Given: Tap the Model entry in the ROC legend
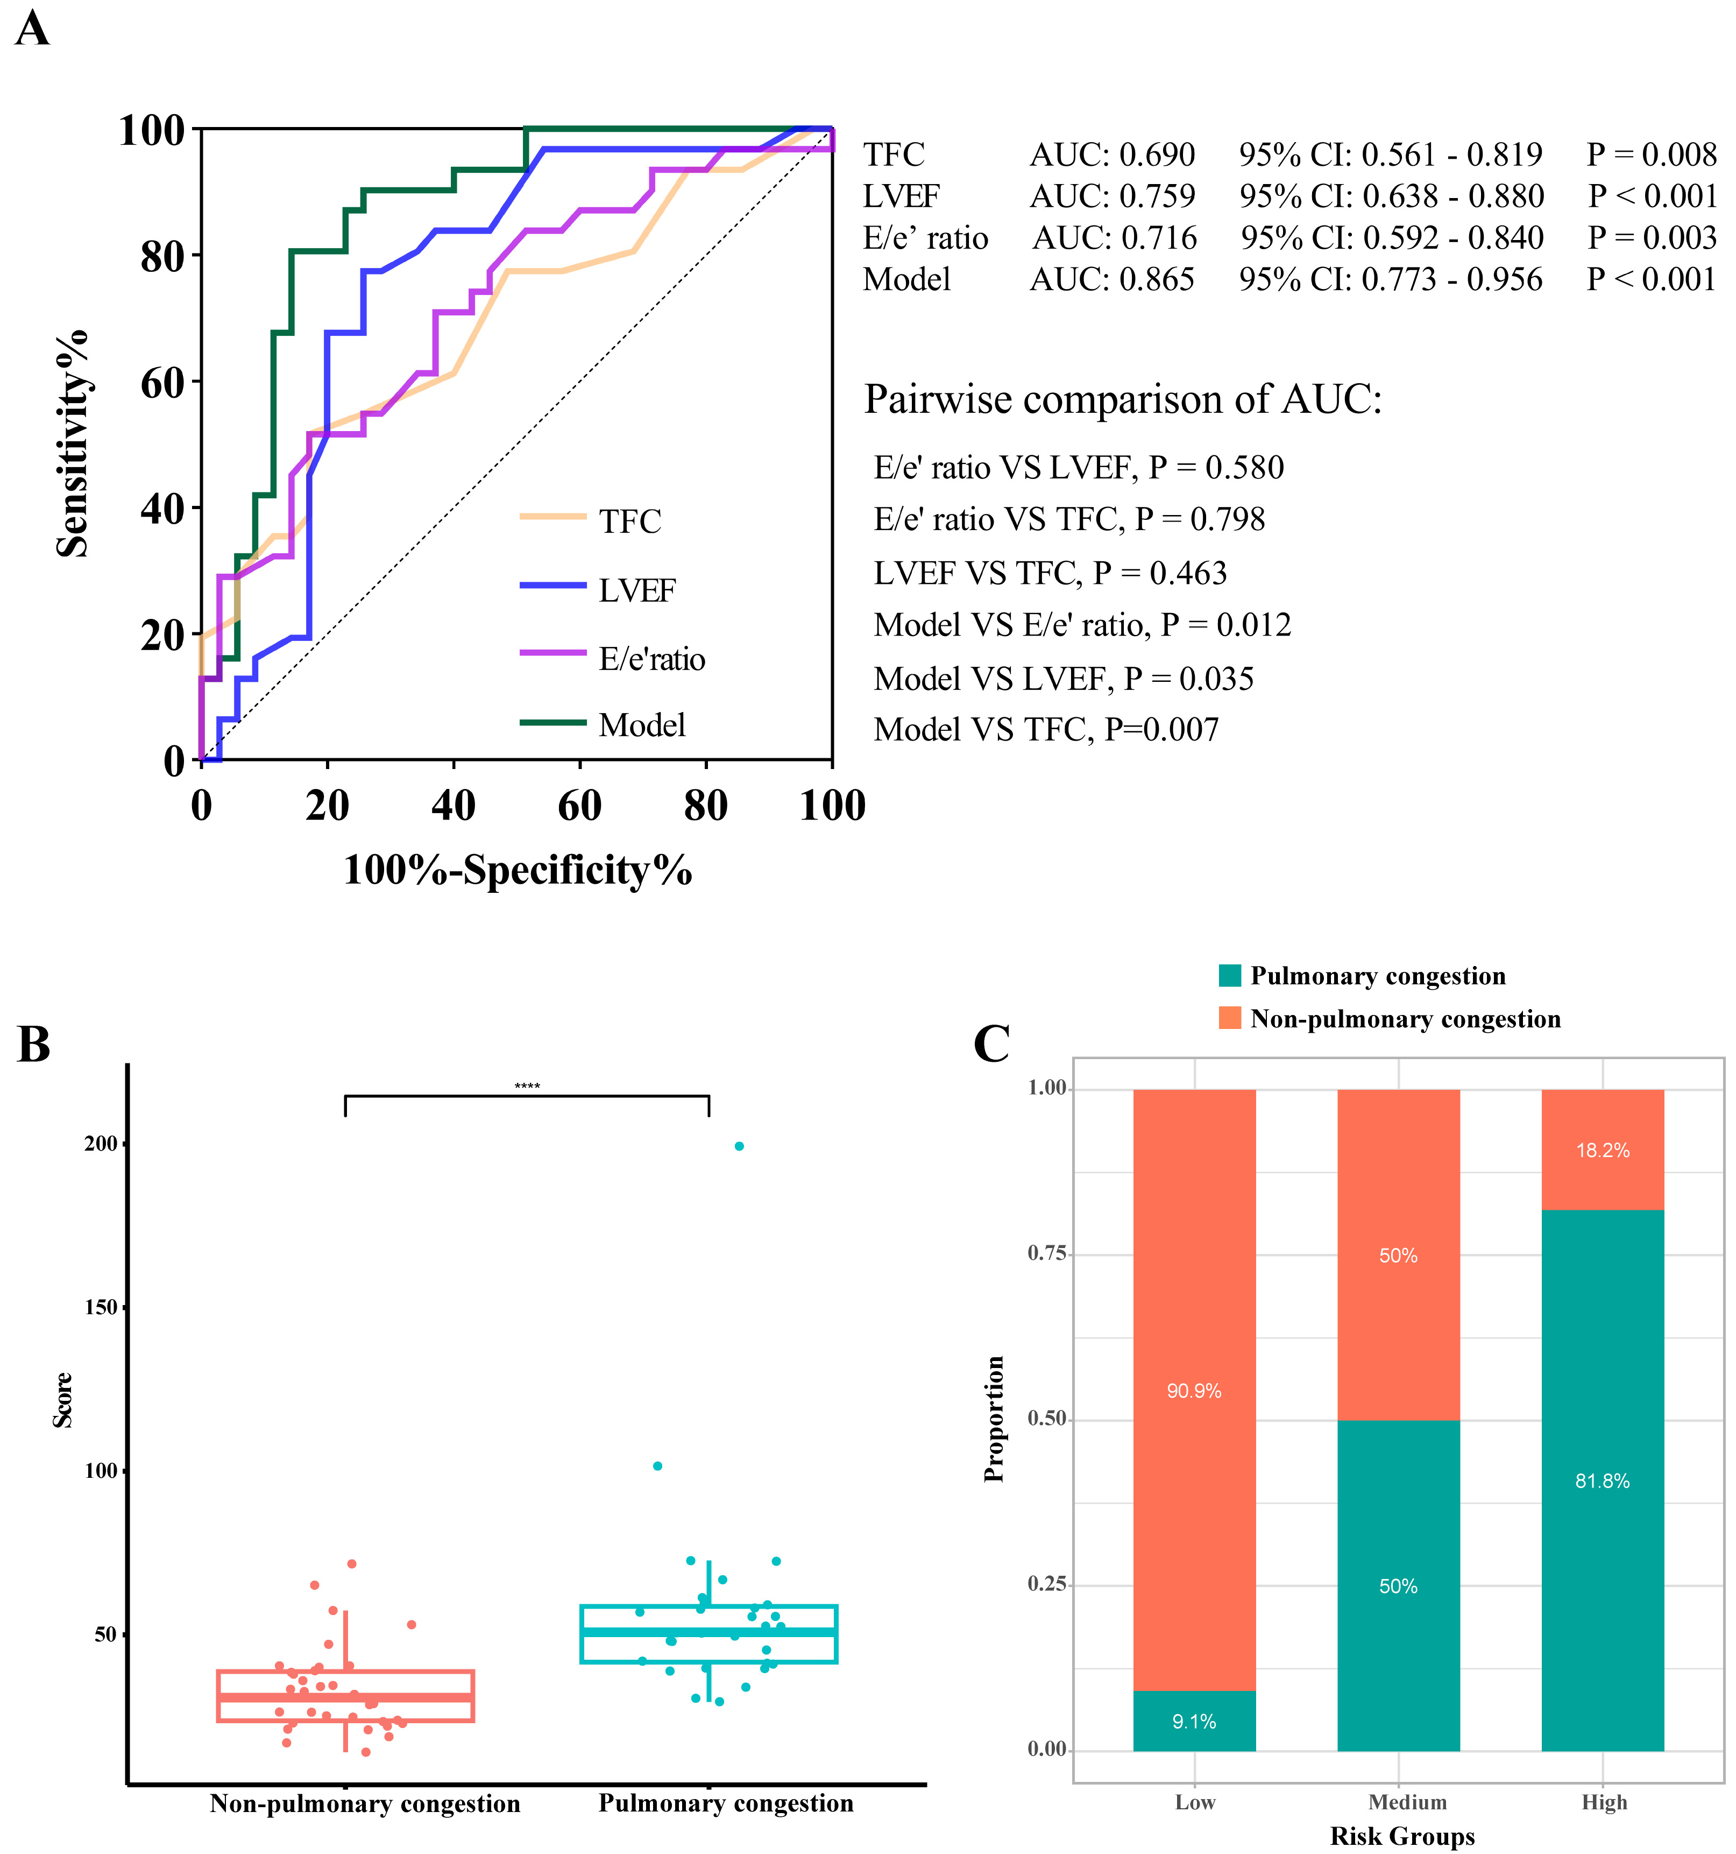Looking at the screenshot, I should [641, 724].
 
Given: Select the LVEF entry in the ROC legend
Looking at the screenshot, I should [637, 589].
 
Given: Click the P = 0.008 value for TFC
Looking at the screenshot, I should [1651, 154].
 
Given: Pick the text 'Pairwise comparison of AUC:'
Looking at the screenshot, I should [1123, 399].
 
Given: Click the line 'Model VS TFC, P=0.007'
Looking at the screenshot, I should [1045, 729].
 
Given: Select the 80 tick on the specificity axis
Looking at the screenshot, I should [706, 805].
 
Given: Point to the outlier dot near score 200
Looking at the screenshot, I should [739, 1146].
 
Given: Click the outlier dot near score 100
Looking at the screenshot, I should [657, 1466].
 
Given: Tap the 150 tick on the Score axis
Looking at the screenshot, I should [101, 1307].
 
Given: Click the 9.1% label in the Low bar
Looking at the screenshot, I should [1194, 1722].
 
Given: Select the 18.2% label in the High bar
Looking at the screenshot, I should [1603, 1151].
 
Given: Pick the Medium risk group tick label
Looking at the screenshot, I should [1408, 1802].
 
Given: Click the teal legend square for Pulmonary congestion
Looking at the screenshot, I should [1230, 976].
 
